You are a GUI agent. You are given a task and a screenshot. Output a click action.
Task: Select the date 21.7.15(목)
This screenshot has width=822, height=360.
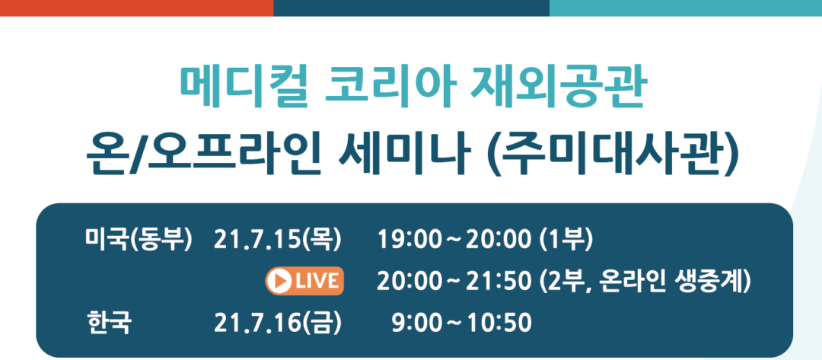(x=277, y=240)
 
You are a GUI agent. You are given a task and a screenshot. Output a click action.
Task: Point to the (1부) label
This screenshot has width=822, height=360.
(x=566, y=240)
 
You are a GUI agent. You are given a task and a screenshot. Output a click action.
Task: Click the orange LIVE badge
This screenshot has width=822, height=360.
(x=304, y=281)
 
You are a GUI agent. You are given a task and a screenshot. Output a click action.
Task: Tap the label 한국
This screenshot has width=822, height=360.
(x=108, y=323)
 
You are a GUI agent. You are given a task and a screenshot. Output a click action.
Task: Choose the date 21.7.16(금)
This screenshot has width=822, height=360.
(x=277, y=323)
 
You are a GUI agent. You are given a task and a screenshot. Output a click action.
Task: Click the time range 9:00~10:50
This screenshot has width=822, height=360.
(x=461, y=323)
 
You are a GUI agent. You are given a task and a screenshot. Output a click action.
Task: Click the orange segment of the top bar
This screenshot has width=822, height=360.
(x=137, y=8)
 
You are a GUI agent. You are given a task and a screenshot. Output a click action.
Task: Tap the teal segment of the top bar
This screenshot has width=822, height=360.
(x=686, y=8)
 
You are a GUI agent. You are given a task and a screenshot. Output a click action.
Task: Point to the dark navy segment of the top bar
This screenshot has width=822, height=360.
(x=412, y=8)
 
